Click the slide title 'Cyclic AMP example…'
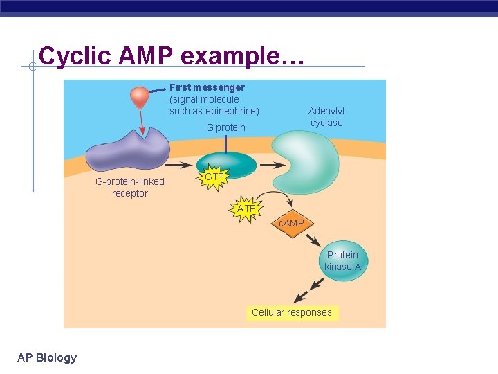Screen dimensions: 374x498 click(x=171, y=55)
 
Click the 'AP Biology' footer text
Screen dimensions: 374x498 click(x=47, y=357)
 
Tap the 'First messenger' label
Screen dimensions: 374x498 click(x=207, y=87)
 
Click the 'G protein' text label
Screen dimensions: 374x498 click(x=225, y=127)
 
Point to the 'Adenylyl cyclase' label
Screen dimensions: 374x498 click(x=326, y=116)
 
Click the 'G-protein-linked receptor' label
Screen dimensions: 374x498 click(x=130, y=187)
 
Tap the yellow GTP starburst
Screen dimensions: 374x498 click(x=214, y=177)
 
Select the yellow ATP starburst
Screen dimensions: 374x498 click(x=246, y=208)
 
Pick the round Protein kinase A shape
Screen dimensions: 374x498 click(x=342, y=261)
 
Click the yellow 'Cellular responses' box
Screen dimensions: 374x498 click(x=292, y=312)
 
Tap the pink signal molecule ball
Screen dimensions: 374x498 click(x=140, y=97)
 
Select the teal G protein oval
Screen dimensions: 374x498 click(x=226, y=163)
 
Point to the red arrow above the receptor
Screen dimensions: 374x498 click(x=142, y=122)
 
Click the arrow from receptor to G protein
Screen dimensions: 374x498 click(x=178, y=166)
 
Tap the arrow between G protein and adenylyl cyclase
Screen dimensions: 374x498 click(x=270, y=165)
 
